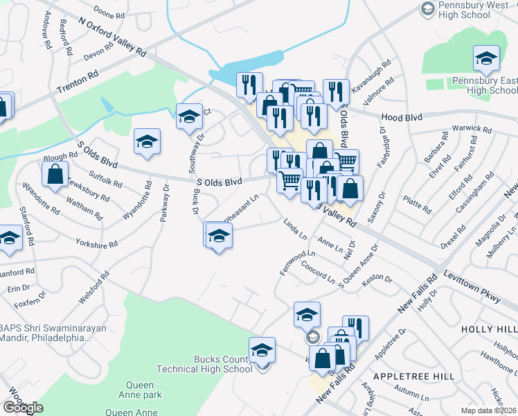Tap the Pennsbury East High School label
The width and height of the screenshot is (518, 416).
coord(484,85)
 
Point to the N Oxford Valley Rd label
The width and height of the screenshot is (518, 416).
coord(113,37)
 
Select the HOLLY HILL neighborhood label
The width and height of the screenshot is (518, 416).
coord(491,328)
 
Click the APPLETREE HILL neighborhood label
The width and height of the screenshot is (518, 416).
coord(413,376)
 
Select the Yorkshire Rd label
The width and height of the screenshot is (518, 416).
coord(98,244)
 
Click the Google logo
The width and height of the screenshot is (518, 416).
coord(23,408)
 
